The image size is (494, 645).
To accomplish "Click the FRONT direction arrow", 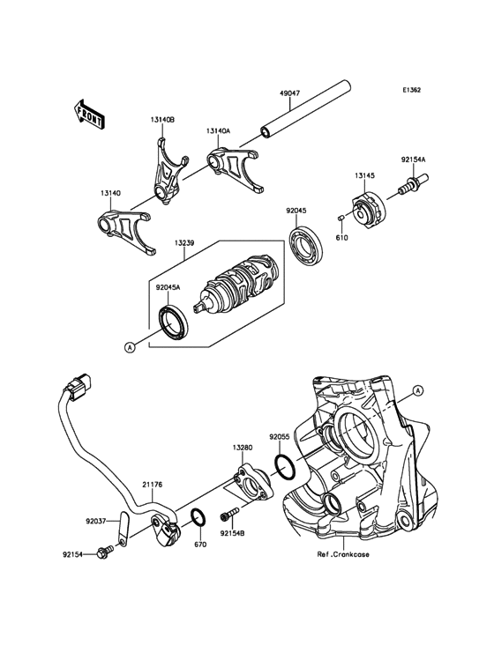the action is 89,114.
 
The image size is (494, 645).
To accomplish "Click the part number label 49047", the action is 289,93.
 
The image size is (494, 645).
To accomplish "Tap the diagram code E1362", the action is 411,89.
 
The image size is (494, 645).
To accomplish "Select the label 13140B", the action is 162,120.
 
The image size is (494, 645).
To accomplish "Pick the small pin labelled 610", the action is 341,217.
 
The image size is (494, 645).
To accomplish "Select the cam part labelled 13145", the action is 369,208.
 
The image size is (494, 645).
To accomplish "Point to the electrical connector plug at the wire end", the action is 80,387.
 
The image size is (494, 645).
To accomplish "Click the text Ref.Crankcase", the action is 343,554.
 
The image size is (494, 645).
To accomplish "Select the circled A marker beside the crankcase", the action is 417,390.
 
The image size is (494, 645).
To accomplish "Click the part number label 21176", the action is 152,485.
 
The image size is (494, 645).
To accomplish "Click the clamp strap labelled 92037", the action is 123,528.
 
